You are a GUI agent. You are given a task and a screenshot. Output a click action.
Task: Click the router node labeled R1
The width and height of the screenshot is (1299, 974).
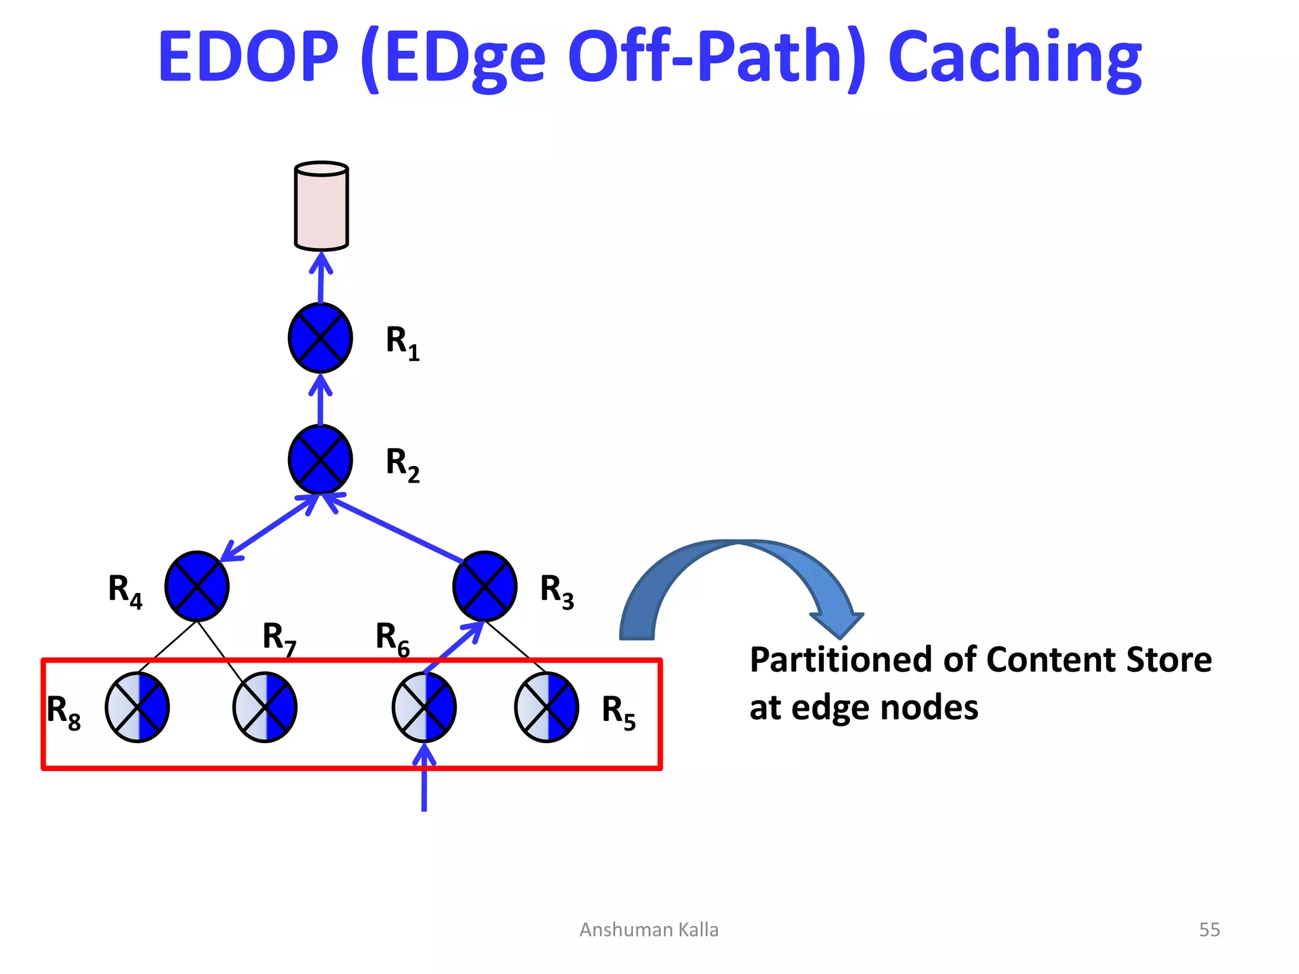point(320,338)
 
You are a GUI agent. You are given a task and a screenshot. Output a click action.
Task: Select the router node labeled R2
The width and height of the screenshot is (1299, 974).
point(320,460)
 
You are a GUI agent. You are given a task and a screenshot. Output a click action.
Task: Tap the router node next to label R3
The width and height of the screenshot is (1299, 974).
point(485,587)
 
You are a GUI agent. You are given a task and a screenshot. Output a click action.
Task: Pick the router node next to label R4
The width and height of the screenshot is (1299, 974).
point(197,587)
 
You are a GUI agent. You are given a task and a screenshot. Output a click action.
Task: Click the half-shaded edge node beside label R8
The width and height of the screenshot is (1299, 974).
point(138,707)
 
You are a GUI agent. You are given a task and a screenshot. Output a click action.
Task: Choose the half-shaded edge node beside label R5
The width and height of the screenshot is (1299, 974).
point(546,707)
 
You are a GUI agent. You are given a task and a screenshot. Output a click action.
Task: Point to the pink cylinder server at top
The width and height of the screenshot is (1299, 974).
point(322,206)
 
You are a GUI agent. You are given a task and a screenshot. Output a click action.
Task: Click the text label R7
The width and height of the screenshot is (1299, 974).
point(279,638)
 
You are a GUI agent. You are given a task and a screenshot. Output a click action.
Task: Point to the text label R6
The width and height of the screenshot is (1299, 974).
point(392,638)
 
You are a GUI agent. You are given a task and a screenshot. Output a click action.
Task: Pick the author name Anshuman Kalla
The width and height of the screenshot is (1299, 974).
point(649,930)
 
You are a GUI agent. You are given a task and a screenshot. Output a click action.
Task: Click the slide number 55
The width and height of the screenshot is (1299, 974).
point(1209,930)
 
